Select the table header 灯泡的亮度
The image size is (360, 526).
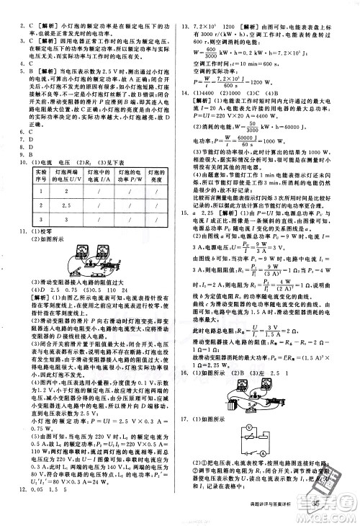tap(158, 177)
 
